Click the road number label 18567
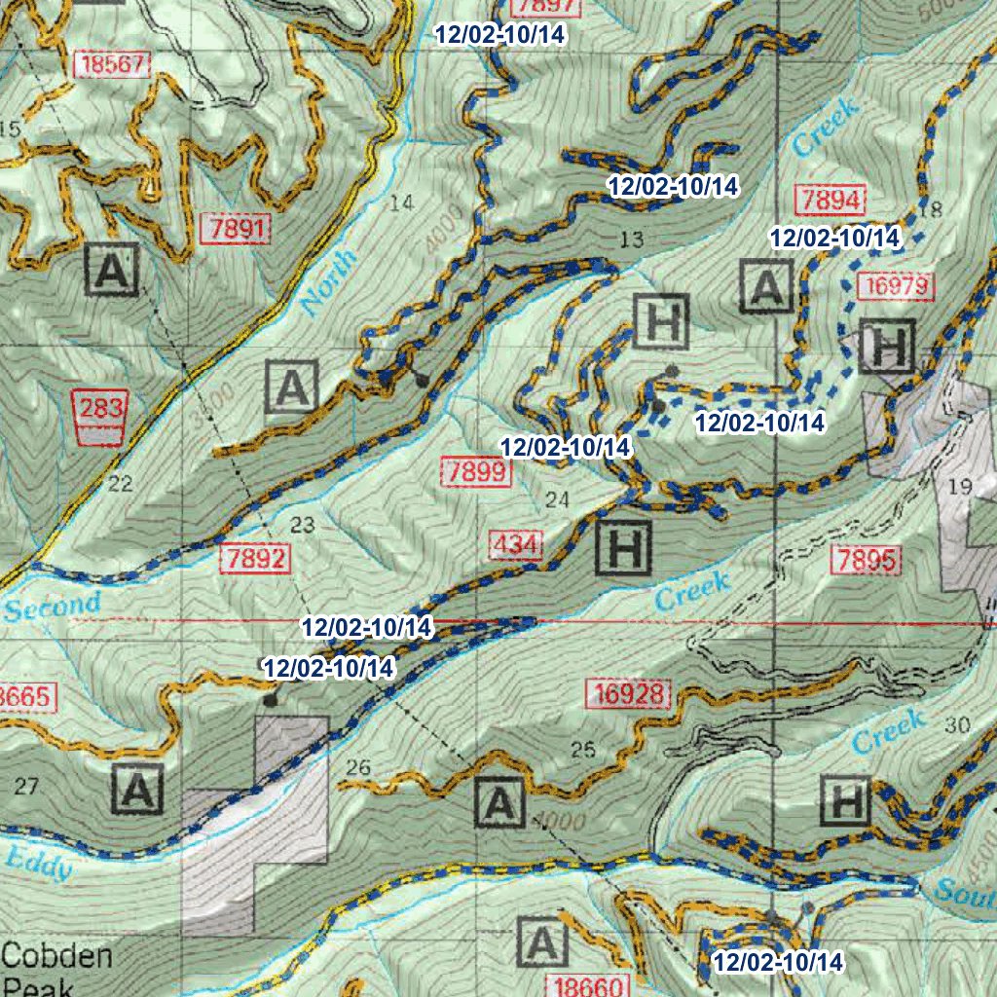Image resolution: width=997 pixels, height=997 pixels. coord(115,66)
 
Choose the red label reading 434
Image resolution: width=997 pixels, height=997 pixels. coord(514,545)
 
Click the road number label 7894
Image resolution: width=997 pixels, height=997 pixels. coord(831,201)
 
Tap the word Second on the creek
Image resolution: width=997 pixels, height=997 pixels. coord(53,607)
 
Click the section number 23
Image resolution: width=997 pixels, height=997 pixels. coord(303,526)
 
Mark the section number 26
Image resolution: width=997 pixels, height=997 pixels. coord(357,768)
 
